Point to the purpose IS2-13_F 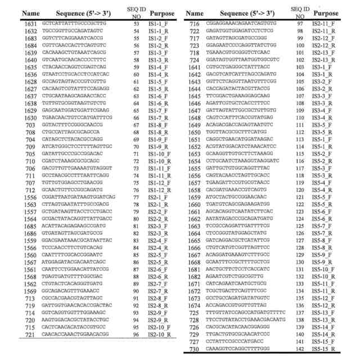[x=331, y=52]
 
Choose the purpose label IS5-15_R [x=331, y=349]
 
